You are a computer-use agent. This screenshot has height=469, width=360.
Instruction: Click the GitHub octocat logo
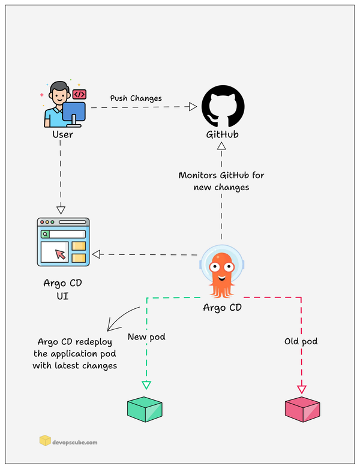[x=221, y=106]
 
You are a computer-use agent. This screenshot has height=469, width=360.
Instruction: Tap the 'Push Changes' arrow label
[x=136, y=98]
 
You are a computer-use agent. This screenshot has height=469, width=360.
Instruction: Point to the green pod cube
[x=145, y=408]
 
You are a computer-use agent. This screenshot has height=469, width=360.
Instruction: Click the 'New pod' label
[x=147, y=337]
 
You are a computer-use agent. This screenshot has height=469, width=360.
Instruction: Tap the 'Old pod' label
[x=301, y=341]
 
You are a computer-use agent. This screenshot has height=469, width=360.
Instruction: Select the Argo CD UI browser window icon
[x=63, y=242]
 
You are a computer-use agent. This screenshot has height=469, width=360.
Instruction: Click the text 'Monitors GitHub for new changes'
[x=221, y=181]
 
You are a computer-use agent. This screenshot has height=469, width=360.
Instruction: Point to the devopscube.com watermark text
[x=75, y=442]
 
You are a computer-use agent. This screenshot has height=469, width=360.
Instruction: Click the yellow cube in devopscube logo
[x=45, y=441]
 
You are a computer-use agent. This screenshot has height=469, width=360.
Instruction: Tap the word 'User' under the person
[x=62, y=134]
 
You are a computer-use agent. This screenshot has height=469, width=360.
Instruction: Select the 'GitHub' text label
[x=221, y=134]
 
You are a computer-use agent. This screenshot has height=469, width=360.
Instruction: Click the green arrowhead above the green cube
[x=145, y=385]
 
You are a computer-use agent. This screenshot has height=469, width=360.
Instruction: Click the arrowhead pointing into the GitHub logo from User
[x=193, y=107]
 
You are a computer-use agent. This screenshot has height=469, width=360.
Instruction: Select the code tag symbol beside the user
[x=79, y=94]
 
